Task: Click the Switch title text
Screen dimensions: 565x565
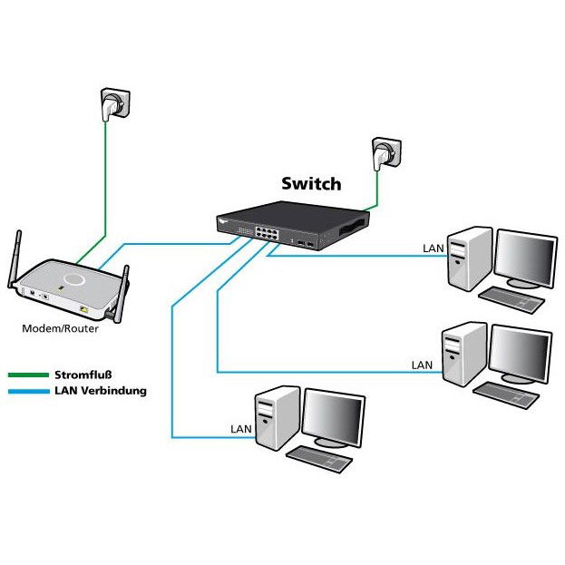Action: (x=310, y=184)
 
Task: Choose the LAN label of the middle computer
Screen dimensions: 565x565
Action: (x=422, y=365)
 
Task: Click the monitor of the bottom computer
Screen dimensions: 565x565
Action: (x=333, y=418)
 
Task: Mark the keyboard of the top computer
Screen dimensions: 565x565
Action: (x=510, y=298)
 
